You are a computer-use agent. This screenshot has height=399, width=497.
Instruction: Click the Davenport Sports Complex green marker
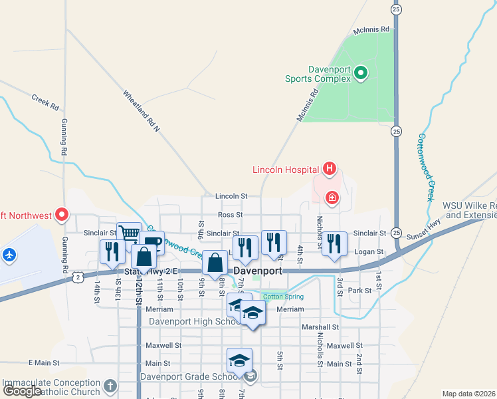click(x=361, y=72)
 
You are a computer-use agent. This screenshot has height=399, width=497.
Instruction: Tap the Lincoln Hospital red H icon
click(x=328, y=169)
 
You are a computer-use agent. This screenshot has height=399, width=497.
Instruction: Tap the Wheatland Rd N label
click(x=142, y=110)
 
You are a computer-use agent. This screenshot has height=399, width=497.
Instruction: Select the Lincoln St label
click(x=231, y=196)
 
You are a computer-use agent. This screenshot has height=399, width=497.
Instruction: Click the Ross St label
click(x=231, y=215)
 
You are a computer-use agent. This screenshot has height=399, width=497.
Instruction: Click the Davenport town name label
click(x=258, y=271)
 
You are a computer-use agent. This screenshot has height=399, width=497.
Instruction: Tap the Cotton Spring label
click(x=282, y=297)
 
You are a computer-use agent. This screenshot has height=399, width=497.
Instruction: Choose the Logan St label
click(x=369, y=251)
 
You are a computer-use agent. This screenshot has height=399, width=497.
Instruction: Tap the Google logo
click(x=22, y=391)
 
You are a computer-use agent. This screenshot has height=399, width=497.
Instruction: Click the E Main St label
click(x=44, y=363)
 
